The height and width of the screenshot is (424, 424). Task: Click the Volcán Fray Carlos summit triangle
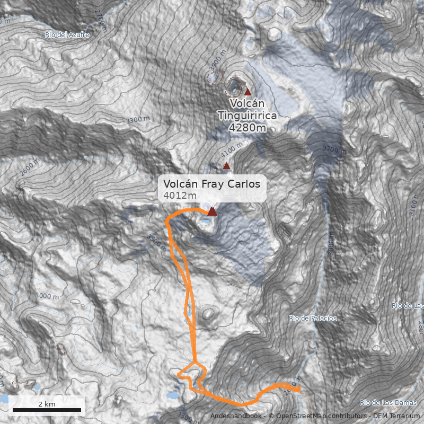click(212, 211)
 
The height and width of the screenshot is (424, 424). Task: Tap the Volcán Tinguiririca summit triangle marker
click(247, 92)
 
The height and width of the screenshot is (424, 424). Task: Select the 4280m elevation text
click(247, 128)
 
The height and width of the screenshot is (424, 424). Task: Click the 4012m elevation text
click(180, 196)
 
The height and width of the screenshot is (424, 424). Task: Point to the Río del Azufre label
click(67, 34)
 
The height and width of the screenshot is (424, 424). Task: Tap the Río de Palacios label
click(313, 319)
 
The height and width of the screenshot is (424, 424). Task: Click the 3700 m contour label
click(333, 150)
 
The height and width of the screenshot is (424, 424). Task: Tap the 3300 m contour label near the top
click(137, 120)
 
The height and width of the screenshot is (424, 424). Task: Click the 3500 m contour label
click(157, 243)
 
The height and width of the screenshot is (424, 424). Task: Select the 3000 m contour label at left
click(47, 296)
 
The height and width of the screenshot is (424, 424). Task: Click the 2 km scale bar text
click(47, 404)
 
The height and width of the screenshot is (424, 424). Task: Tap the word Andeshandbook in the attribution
click(235, 416)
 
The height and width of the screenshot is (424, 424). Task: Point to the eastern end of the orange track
click(299, 389)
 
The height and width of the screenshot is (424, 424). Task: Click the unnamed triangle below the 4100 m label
click(227, 166)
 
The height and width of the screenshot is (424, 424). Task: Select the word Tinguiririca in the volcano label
click(247, 115)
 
